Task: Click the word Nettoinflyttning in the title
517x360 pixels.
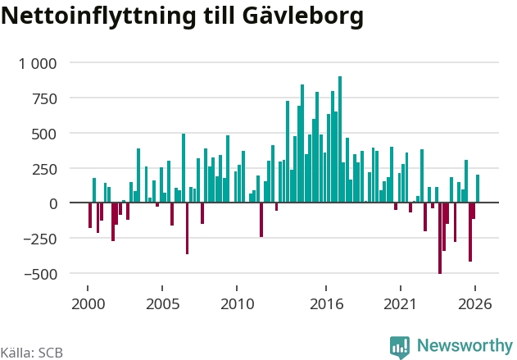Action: point(98,16)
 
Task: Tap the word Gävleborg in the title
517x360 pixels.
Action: point(303,16)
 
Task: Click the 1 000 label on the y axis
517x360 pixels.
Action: point(38,64)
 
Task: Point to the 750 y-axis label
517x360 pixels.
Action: point(44,99)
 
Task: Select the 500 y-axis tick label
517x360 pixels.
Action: point(44,134)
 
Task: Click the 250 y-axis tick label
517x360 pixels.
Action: point(44,170)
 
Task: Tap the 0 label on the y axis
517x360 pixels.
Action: point(53,204)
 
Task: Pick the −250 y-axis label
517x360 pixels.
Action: point(40,239)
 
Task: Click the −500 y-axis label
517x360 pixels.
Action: point(40,275)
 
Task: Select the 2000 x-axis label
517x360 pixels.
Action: point(88,304)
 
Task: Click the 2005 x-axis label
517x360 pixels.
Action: point(162,304)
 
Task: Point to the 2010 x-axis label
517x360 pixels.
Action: point(237,304)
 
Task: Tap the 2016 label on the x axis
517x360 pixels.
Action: point(326,304)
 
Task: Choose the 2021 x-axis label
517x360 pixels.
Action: point(401,304)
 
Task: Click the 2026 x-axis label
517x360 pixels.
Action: point(475,304)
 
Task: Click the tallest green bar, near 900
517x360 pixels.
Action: point(340,139)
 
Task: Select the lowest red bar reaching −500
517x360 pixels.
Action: point(440,238)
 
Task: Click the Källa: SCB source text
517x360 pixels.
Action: point(32,353)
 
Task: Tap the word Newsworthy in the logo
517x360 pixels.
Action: point(465,346)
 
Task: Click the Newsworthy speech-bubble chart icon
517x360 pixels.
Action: point(400,348)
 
